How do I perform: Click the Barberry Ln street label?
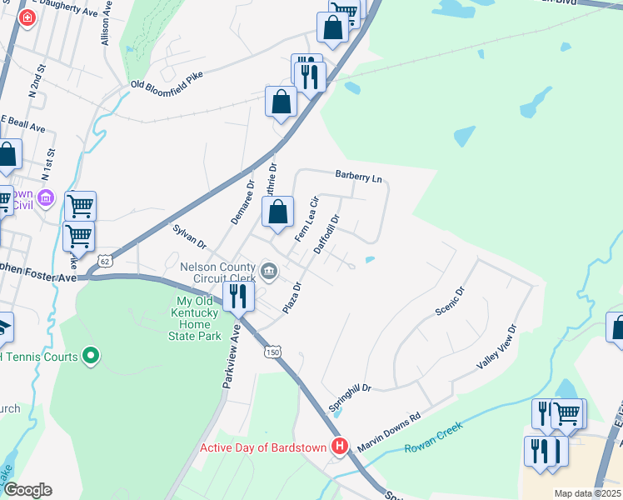[358, 176]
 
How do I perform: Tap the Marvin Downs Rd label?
[390, 433]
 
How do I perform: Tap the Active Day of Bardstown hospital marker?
[339, 447]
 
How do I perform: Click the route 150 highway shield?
[274, 352]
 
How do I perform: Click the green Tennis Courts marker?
[92, 357]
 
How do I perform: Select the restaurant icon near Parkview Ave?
[238, 295]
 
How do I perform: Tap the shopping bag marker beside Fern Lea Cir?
[279, 212]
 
